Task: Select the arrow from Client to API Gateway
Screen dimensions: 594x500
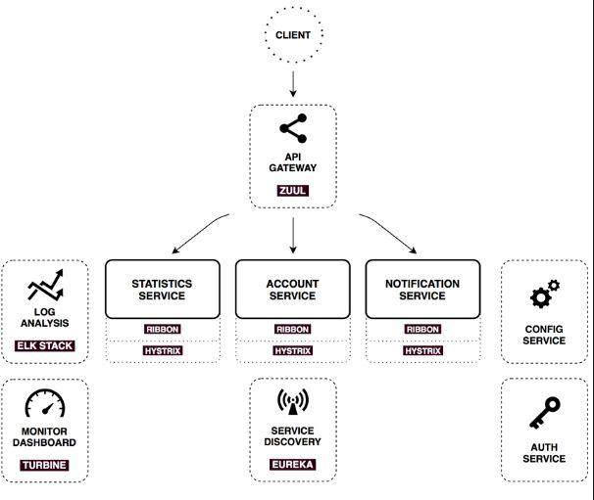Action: pos(293,83)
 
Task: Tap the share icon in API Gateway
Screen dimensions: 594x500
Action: pos(293,128)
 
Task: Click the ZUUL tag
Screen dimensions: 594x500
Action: pos(292,190)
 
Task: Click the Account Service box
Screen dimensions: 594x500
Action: pos(292,290)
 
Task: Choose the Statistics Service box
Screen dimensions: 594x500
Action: pos(162,290)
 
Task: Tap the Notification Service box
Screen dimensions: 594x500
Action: pos(422,290)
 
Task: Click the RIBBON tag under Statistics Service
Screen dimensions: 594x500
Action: pos(163,329)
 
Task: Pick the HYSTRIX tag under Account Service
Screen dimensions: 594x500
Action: pos(293,350)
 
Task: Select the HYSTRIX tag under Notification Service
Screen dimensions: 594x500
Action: pos(422,350)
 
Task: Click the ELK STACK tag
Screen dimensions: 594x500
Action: pos(45,345)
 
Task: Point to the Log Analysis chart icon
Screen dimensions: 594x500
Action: pos(45,285)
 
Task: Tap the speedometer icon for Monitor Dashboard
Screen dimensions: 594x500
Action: pos(45,403)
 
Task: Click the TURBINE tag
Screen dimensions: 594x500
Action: pos(44,465)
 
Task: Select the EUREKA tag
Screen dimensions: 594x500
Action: pos(292,464)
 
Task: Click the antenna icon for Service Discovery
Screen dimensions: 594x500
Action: pos(293,401)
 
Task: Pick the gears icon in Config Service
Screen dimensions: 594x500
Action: pos(545,294)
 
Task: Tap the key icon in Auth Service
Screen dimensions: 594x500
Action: pos(545,413)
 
